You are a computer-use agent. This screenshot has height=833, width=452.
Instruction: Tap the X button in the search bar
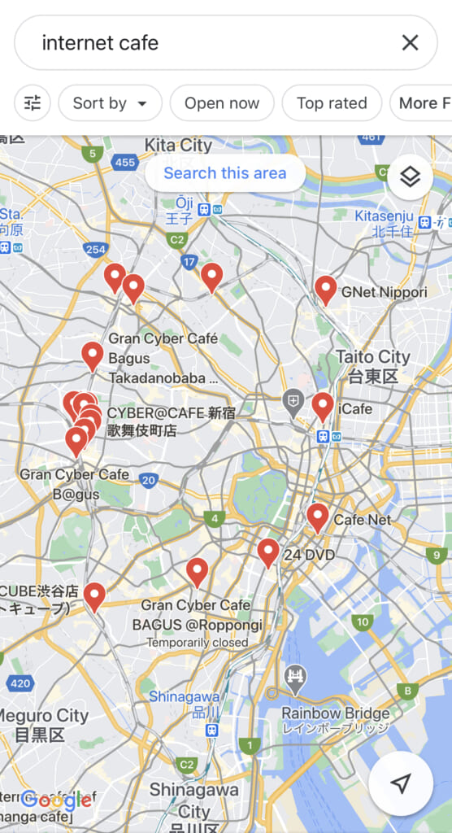pyautogui.click(x=410, y=42)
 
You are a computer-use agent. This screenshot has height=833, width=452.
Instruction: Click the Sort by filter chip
pyautogui.click(x=110, y=103)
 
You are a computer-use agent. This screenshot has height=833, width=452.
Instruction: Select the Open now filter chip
pyautogui.click(x=221, y=103)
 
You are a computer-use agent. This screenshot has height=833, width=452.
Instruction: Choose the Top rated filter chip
pyautogui.click(x=332, y=103)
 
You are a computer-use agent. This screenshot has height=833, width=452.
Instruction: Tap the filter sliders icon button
pyautogui.click(x=33, y=103)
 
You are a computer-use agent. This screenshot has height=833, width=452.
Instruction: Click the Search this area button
pyautogui.click(x=225, y=173)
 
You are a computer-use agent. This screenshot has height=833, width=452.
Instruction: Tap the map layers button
pyautogui.click(x=410, y=177)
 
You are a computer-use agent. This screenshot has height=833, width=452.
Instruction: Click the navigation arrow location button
pyautogui.click(x=400, y=783)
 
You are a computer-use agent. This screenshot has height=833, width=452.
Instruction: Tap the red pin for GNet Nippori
pyautogui.click(x=326, y=289)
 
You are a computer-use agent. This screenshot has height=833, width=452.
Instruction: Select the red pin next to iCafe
pyautogui.click(x=323, y=406)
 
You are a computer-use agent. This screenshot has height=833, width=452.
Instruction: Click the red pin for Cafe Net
pyautogui.click(x=317, y=517)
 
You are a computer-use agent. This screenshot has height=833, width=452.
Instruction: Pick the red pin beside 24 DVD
pyautogui.click(x=268, y=552)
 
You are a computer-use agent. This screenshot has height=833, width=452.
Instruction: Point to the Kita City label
pyautogui.click(x=178, y=146)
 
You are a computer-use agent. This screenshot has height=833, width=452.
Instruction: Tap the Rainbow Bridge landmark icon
pyautogui.click(x=294, y=678)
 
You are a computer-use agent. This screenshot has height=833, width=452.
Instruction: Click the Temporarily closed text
pyautogui.click(x=198, y=643)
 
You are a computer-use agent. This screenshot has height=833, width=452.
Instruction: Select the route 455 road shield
pyautogui.click(x=125, y=163)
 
